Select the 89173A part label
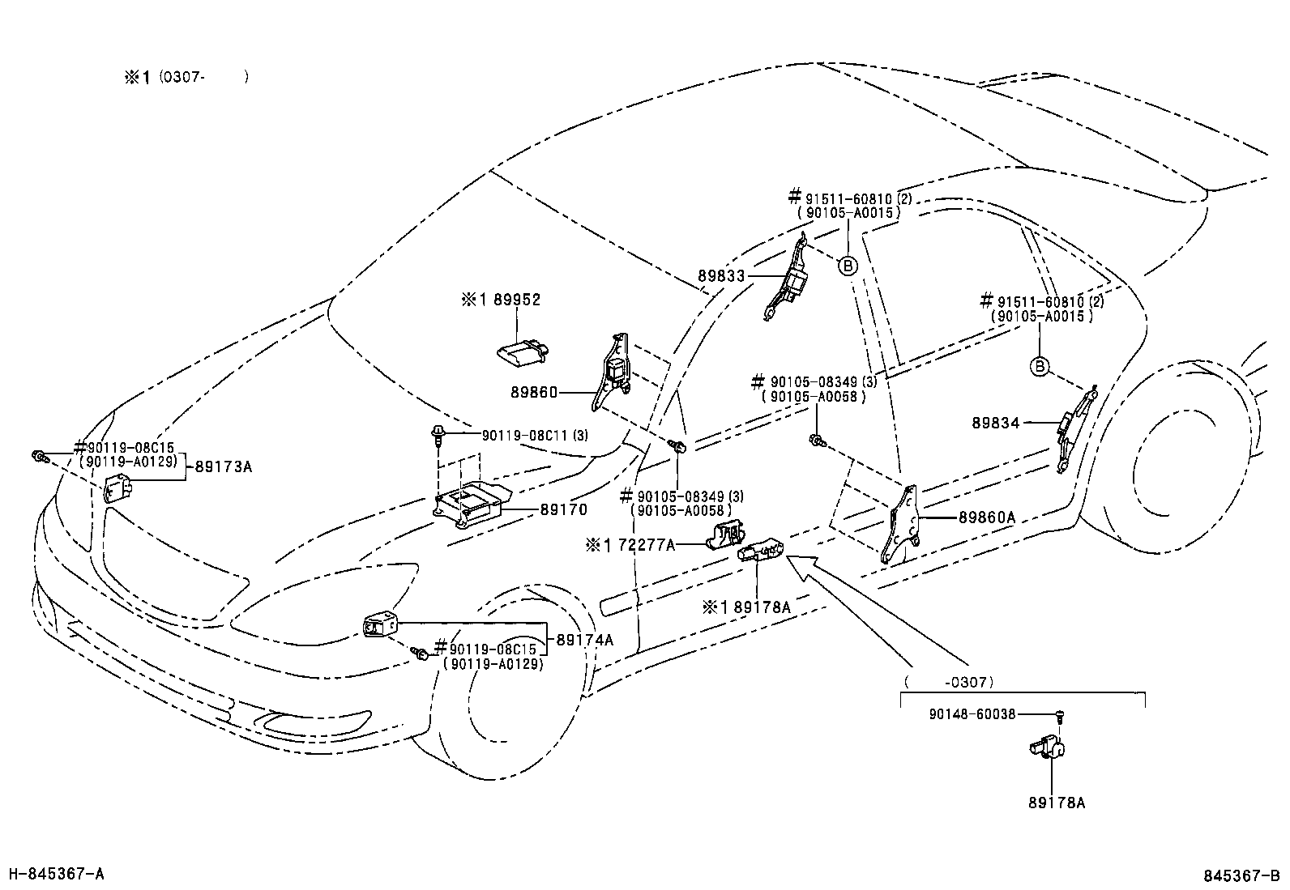[222, 466]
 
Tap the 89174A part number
[584, 640]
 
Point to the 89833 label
[721, 276]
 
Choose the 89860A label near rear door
[987, 517]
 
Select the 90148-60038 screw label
[972, 714]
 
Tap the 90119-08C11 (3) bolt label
[535, 436]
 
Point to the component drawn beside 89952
[523, 351]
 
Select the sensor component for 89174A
[379, 627]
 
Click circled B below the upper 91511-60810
[847, 265]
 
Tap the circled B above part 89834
[1039, 367]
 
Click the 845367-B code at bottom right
[1241, 875]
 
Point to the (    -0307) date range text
[948, 682]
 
